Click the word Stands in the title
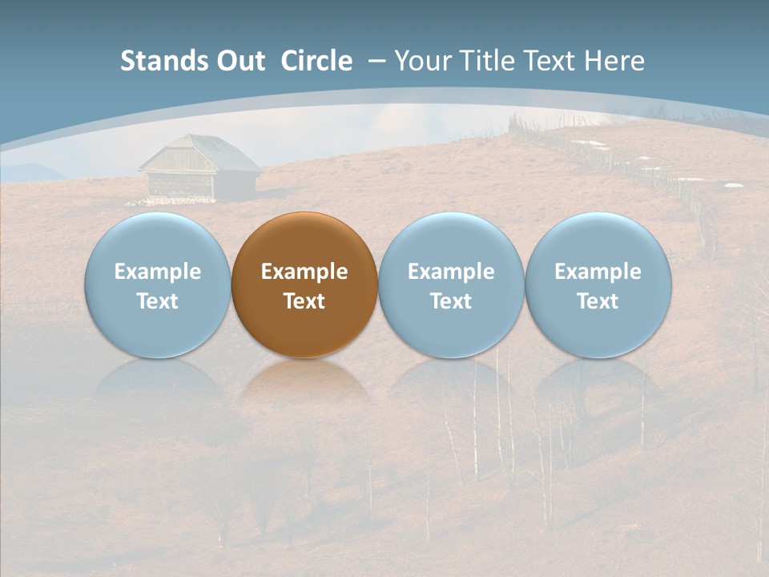point(161,61)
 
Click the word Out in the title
point(238,61)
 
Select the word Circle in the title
point(316,61)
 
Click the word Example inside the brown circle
point(304,272)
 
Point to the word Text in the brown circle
point(304,301)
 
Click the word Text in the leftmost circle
point(157,301)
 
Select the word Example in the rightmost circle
point(598,272)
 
